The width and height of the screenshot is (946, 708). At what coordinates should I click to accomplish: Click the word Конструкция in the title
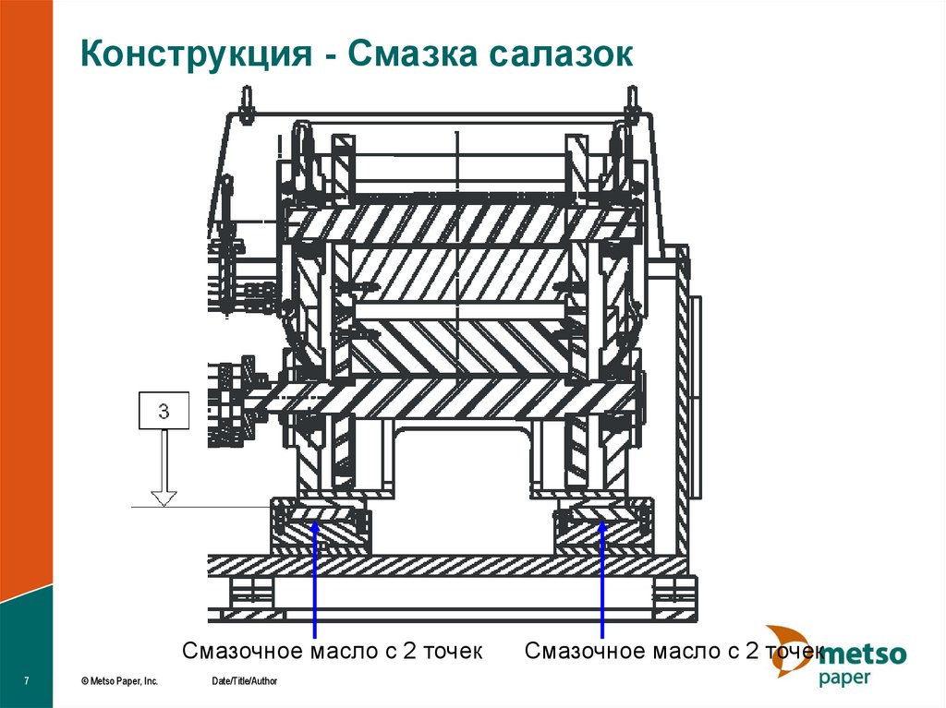pyautogui.click(x=197, y=54)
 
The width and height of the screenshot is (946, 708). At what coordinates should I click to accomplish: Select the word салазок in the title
pyautogui.click(x=562, y=54)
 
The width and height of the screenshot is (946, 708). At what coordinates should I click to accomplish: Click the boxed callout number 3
pyautogui.click(x=164, y=411)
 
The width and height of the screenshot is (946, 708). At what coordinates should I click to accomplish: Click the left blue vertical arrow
pyautogui.click(x=314, y=579)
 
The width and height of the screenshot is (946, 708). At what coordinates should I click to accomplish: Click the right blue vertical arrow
pyautogui.click(x=601, y=579)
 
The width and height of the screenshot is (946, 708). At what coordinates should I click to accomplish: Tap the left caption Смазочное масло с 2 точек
pyautogui.click(x=333, y=652)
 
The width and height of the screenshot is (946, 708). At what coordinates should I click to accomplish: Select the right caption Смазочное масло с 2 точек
pyautogui.click(x=673, y=652)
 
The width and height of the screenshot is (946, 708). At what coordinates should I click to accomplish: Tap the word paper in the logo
pyautogui.click(x=844, y=678)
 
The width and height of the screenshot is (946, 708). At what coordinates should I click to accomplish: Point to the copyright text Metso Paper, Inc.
pyautogui.click(x=119, y=681)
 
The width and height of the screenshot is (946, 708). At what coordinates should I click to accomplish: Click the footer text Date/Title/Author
pyautogui.click(x=244, y=681)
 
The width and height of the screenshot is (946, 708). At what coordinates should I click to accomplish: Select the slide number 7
pyautogui.click(x=26, y=681)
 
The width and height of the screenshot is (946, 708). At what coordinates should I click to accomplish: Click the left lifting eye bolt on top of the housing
pyautogui.click(x=246, y=105)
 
